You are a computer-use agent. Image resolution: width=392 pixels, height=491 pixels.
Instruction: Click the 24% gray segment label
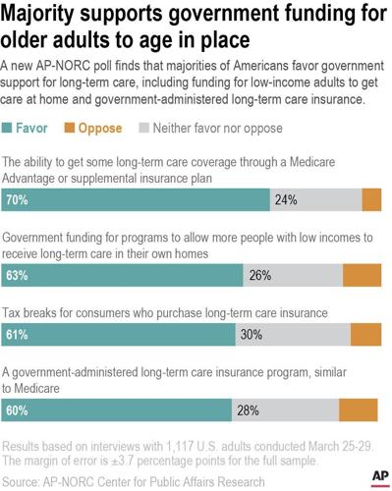(x=287, y=200)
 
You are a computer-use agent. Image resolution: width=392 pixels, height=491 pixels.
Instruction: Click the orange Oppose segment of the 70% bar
(x=371, y=200)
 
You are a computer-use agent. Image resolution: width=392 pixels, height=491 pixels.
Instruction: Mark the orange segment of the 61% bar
(x=366, y=335)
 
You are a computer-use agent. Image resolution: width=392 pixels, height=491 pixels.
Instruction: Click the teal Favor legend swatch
(x=11, y=127)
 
